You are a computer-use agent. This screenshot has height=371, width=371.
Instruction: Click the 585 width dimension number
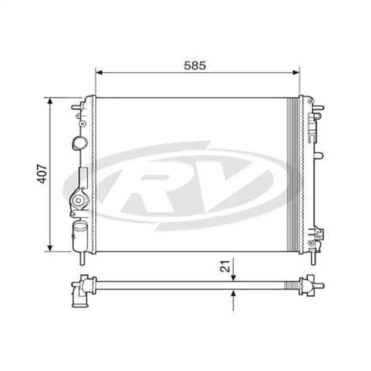[195, 66]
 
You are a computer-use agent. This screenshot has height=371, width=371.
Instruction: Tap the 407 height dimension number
[42, 174]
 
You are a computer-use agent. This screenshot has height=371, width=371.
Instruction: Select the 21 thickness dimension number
[227, 266]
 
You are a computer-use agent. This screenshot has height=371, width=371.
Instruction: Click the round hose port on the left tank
[79, 143]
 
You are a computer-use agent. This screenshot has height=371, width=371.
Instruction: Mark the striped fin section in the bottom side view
[291, 285]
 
